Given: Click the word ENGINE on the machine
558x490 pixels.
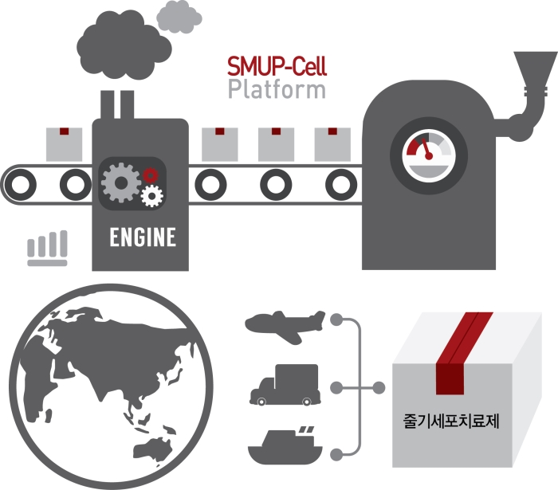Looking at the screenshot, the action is [x=143, y=237].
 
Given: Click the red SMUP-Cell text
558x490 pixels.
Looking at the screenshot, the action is [x=277, y=66].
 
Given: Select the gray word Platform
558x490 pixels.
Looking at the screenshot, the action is [x=277, y=89].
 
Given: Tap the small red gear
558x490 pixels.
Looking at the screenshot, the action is [x=150, y=175].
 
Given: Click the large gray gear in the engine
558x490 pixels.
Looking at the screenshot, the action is [x=121, y=182].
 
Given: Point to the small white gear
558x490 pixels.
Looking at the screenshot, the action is [x=152, y=196].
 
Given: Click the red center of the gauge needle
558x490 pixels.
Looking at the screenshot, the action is [x=429, y=155].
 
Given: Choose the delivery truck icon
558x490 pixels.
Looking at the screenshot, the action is [x=285, y=385].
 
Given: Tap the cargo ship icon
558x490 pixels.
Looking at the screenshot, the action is [x=285, y=445].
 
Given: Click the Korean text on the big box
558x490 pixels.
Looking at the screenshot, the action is [x=451, y=421].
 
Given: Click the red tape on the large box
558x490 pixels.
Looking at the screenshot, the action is [x=459, y=355].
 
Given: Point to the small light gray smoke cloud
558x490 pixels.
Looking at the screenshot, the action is [x=179, y=17].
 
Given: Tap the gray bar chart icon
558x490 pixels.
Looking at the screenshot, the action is [x=47, y=249].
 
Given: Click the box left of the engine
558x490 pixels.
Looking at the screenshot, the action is [x=64, y=144].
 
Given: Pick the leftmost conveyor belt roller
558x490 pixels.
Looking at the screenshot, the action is [x=21, y=185].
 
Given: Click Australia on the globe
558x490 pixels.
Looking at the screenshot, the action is [x=153, y=449].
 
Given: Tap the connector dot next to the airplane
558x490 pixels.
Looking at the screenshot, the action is [x=336, y=319].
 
